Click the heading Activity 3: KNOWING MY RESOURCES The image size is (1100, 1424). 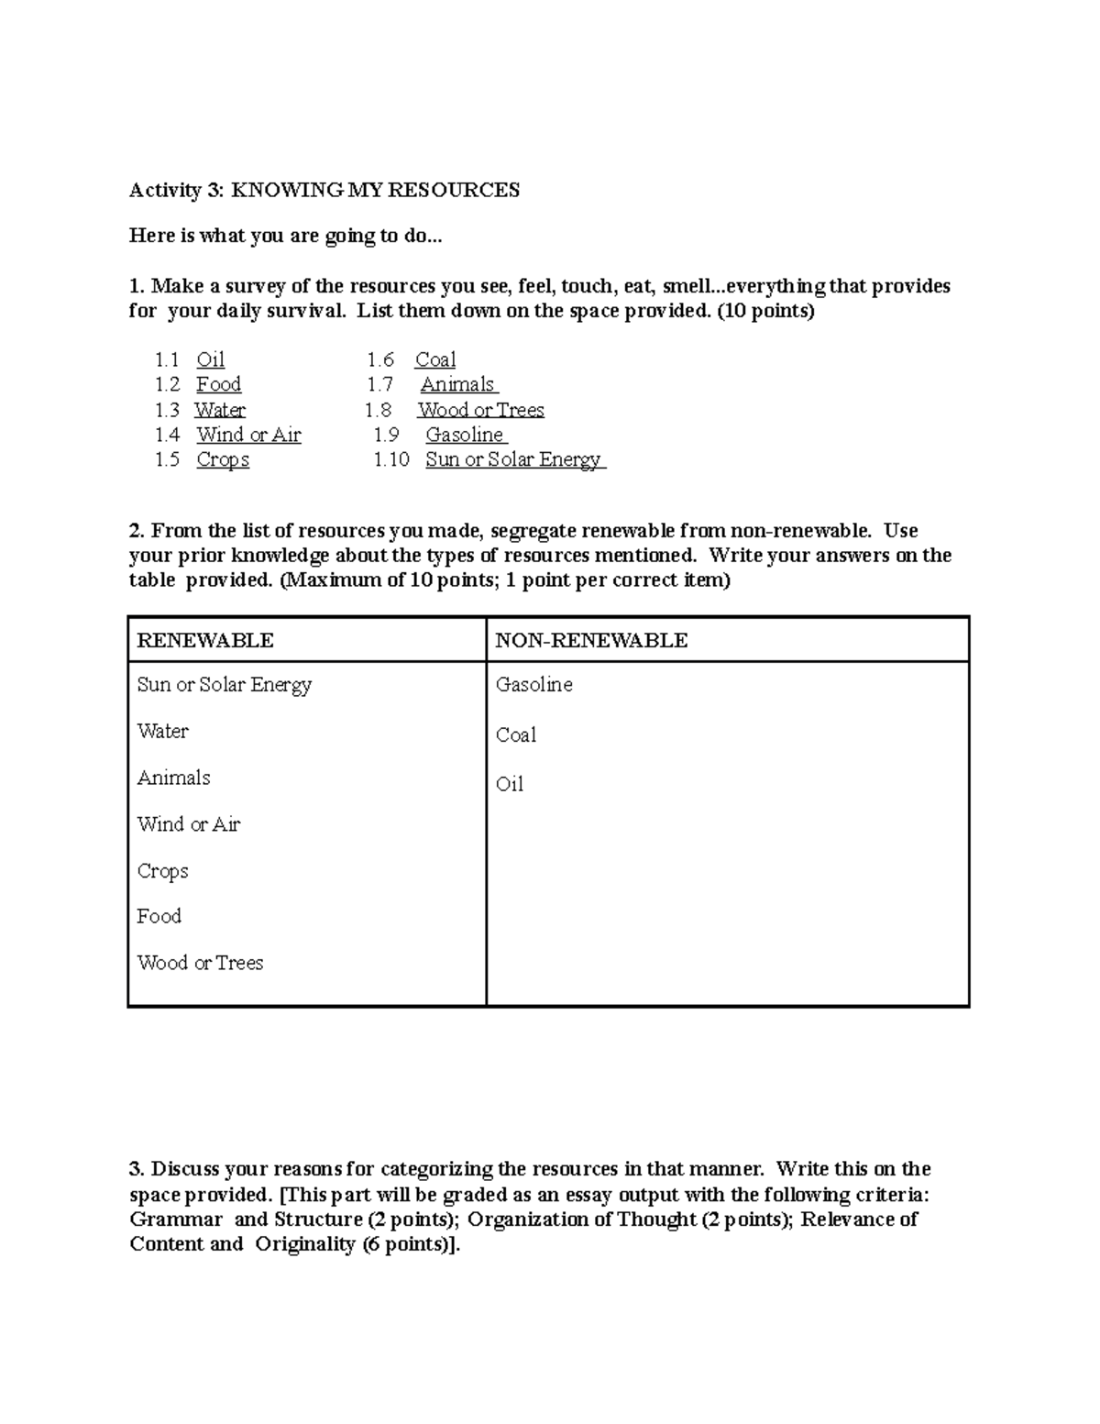324,190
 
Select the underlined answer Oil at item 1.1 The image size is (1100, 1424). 210,359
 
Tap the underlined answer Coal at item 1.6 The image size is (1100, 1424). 435,359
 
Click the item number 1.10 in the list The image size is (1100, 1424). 391,459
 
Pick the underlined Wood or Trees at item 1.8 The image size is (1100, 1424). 480,410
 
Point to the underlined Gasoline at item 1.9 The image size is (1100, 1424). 465,435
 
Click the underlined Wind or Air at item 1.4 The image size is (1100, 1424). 248,435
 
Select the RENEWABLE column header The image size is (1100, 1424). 205,640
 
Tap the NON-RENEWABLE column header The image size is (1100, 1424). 591,640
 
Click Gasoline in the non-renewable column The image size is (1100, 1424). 533,685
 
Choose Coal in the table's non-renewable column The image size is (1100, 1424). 515,735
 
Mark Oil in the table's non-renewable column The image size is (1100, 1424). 510,784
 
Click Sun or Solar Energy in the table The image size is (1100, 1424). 225,685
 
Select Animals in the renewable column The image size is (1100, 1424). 173,778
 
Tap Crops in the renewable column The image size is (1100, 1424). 162,871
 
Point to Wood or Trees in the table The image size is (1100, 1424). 200,963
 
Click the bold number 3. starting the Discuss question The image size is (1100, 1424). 137,1169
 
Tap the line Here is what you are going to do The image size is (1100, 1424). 285,236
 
